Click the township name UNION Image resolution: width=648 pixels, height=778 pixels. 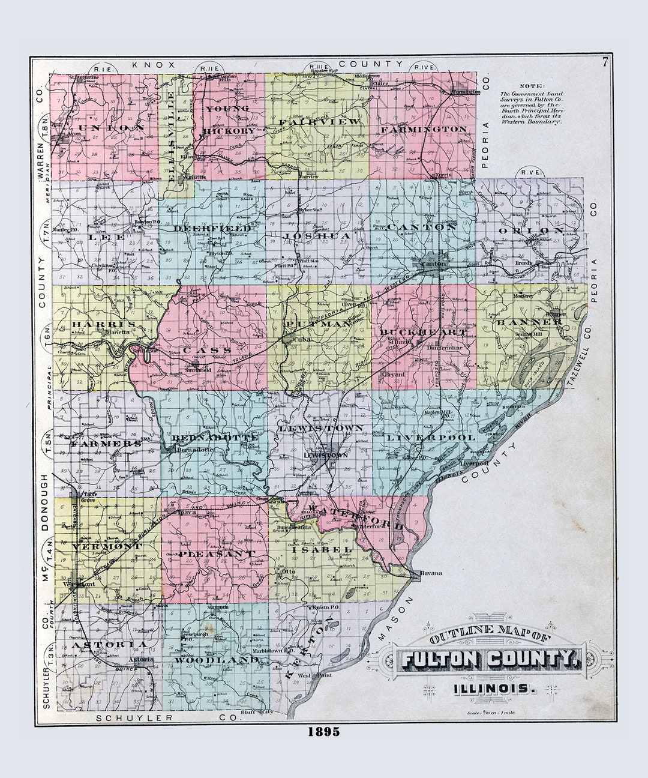click(108, 128)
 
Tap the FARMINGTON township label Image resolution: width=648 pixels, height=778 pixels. click(424, 129)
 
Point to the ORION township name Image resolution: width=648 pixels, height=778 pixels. click(532, 231)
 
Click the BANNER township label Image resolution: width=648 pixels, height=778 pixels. click(529, 322)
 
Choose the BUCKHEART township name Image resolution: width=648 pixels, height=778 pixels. click(423, 332)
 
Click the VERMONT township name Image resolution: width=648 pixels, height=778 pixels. click(107, 547)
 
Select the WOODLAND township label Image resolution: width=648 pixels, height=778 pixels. click(217, 660)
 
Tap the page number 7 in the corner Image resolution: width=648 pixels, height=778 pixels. click(606, 61)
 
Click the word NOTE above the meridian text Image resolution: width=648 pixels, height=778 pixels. click(529, 86)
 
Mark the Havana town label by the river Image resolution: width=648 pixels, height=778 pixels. click(431, 573)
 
